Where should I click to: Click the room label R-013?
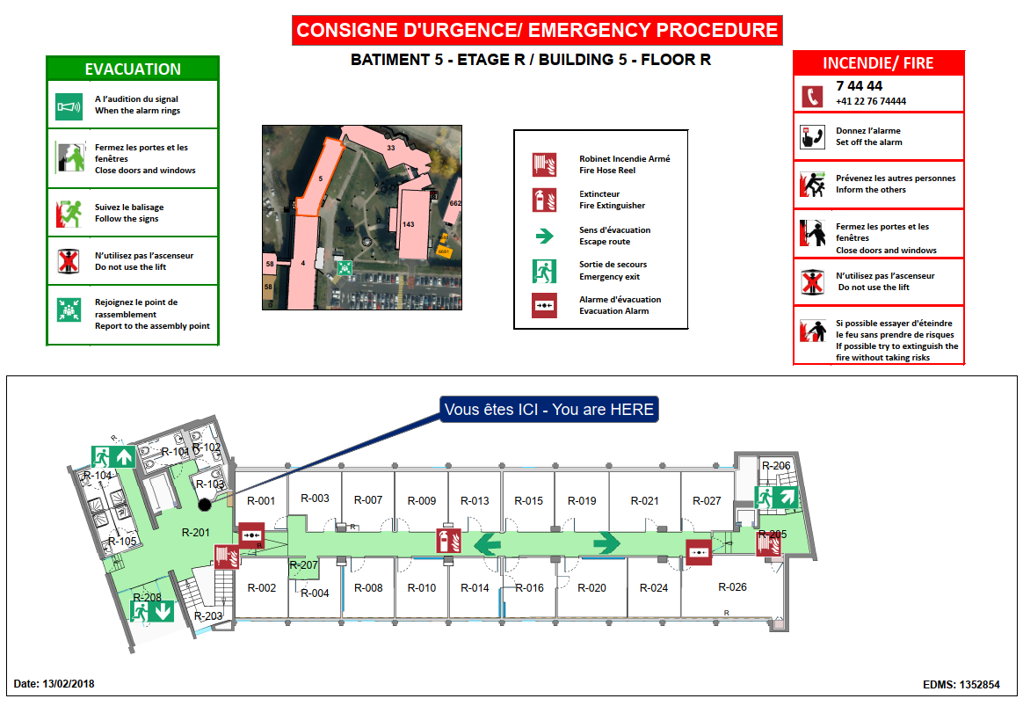(x=475, y=500)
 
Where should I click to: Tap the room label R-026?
(x=732, y=586)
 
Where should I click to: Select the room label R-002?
(x=262, y=587)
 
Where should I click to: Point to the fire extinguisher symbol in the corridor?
(x=449, y=541)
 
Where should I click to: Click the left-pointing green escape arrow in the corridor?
(x=487, y=543)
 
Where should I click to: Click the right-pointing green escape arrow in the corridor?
(x=606, y=542)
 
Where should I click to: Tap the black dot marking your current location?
(x=204, y=505)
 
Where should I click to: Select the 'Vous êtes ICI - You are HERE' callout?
(x=548, y=409)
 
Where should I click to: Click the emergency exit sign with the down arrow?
(x=152, y=611)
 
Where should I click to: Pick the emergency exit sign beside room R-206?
(x=776, y=498)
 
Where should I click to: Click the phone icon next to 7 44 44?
(x=812, y=97)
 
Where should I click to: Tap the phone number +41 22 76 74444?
(x=870, y=101)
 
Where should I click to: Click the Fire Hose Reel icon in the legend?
(x=544, y=164)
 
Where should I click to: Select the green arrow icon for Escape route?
(x=544, y=236)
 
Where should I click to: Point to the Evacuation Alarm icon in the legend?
(x=544, y=305)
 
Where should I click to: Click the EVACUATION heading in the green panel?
(x=133, y=69)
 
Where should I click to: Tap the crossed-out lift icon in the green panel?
(x=69, y=261)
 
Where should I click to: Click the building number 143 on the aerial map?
(x=409, y=224)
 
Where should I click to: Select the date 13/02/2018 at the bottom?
(x=69, y=684)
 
